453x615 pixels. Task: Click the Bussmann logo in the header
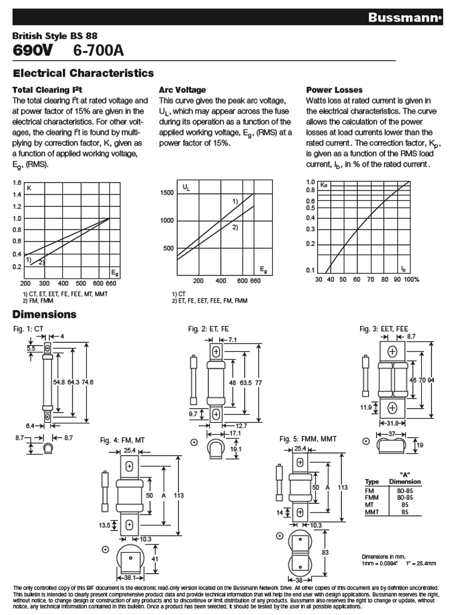404,18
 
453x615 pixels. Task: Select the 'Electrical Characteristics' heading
83,73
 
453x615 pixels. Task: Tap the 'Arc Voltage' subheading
182,90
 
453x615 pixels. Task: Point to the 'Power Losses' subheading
334,90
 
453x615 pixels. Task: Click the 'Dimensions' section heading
45,314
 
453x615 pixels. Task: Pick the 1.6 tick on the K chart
16,183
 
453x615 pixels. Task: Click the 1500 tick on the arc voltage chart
167,193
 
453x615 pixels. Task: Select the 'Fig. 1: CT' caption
29,329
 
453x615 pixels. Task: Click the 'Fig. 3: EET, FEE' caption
383,329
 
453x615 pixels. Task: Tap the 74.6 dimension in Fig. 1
88,382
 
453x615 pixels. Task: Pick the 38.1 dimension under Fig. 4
130,578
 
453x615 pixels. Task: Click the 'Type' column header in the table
371,482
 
